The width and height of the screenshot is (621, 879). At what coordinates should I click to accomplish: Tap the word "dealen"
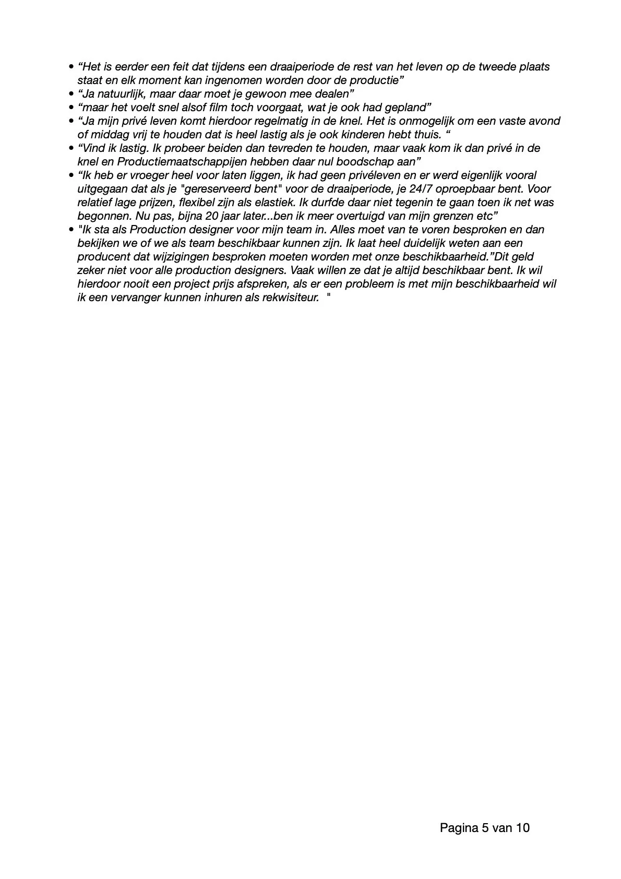click(x=332, y=94)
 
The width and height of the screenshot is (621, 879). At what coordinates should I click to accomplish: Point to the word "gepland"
click(x=409, y=108)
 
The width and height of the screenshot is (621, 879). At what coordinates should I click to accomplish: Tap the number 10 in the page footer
click(x=523, y=828)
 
